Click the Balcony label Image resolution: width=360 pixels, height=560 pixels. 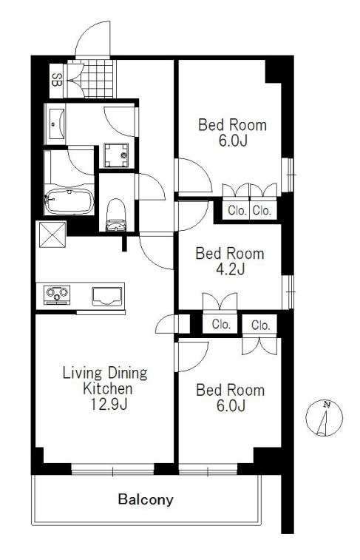coord(146,499)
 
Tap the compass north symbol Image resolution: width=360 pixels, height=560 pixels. coord(324,418)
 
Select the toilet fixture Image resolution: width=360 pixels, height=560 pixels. coord(116,215)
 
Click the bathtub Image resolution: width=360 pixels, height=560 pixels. coord(69,201)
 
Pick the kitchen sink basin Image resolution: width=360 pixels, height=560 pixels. coord(107,296)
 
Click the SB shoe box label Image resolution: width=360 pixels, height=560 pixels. coord(56,80)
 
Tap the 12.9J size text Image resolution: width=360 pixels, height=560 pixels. coord(109,404)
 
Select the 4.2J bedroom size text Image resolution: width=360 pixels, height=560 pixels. coord(230,269)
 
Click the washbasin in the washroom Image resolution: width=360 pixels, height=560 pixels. coord(56,124)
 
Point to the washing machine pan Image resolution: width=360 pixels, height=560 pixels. coord(116,155)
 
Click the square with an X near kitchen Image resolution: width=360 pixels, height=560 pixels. coord(52,235)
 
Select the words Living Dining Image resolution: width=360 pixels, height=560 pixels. coord(105,373)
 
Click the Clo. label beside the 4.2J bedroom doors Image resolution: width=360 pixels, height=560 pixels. coord(221,324)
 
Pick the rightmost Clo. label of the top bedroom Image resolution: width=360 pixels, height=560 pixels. coord(262,210)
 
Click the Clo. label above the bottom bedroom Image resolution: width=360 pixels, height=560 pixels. coord(260,325)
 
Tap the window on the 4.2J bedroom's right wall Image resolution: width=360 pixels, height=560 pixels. coord(288,292)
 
